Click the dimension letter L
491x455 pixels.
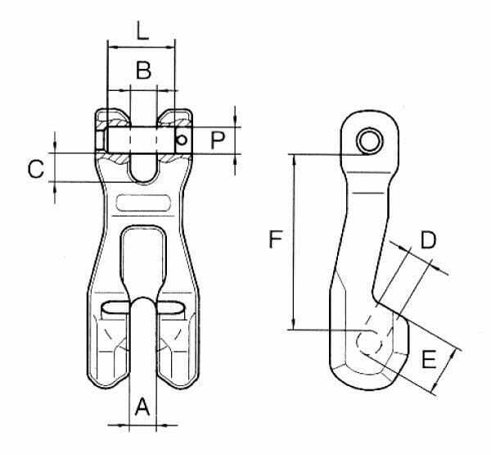pyautogui.click(x=142, y=30)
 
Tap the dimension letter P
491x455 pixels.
pyautogui.click(x=218, y=140)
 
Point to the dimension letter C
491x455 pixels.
pyautogui.click(x=36, y=169)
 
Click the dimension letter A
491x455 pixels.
pyautogui.click(x=142, y=406)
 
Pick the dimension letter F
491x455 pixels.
pyautogui.click(x=276, y=239)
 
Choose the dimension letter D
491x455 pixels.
pyautogui.click(x=428, y=240)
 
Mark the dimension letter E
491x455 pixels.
pyautogui.click(x=429, y=359)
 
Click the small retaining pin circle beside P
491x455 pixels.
pyautogui.click(x=182, y=139)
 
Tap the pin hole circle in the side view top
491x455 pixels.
pyautogui.click(x=371, y=141)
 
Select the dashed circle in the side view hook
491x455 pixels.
pyautogui.click(x=370, y=343)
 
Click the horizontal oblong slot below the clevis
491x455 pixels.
pyautogui.click(x=143, y=202)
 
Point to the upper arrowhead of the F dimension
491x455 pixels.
pyautogui.click(x=294, y=159)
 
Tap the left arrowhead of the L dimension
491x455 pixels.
pyautogui.click(x=112, y=48)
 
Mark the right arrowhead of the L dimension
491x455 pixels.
pyautogui.click(x=169, y=48)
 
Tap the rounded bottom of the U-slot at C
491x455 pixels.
pyautogui.click(x=142, y=181)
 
